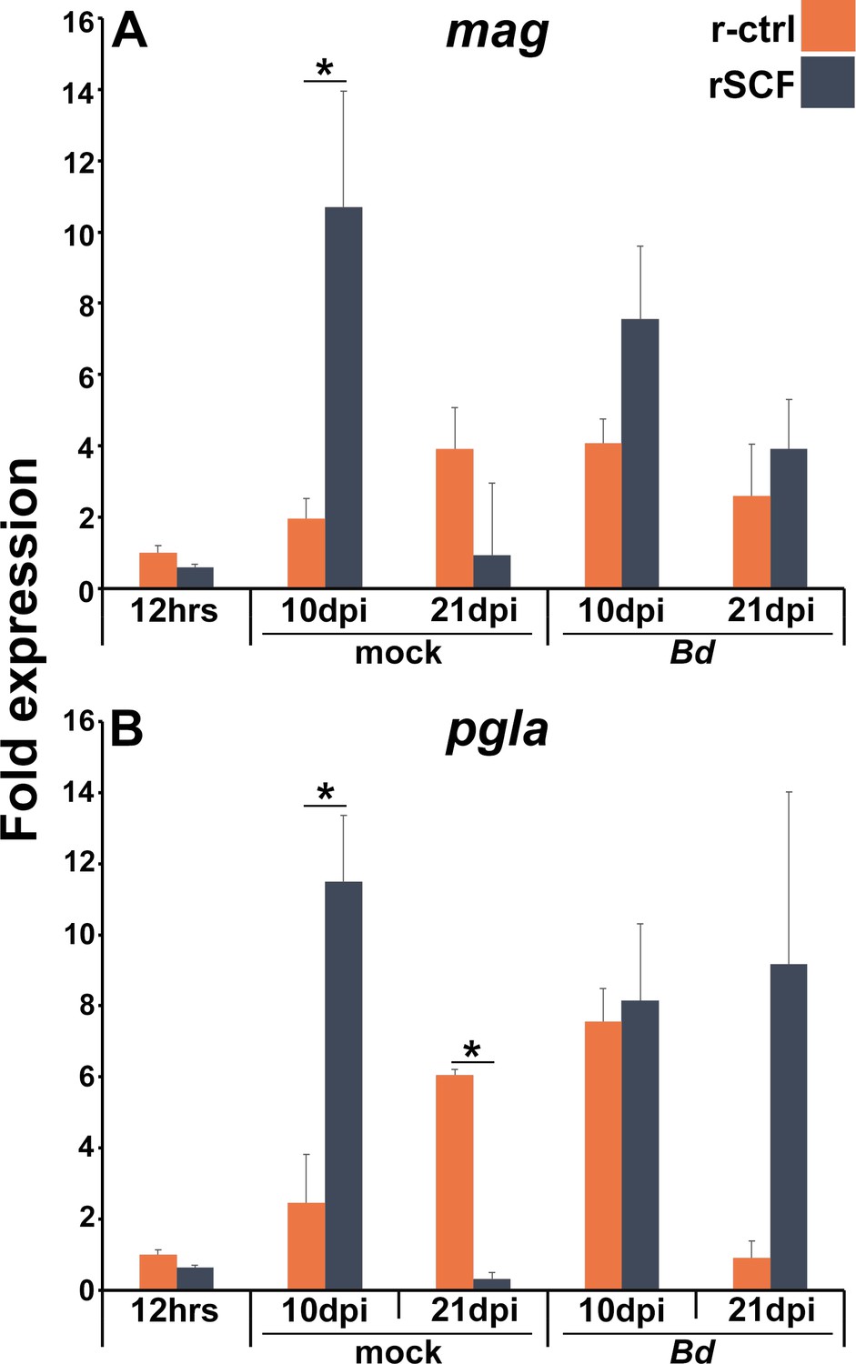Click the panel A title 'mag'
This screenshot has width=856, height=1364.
[497, 33]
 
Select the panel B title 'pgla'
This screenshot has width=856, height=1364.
[497, 731]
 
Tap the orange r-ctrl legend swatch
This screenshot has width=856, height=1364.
[827, 25]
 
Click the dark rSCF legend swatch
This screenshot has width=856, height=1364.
[827, 82]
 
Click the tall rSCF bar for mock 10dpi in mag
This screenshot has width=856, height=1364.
[343, 396]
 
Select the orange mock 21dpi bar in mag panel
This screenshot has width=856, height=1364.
[454, 517]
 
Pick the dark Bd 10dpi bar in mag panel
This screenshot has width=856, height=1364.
[639, 453]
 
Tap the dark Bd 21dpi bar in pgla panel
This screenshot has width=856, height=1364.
[788, 1126]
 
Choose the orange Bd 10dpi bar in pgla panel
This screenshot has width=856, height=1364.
[602, 1154]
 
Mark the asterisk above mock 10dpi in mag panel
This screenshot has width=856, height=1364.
[325, 69]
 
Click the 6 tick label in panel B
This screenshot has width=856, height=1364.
[86, 1077]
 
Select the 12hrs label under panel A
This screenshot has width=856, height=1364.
[174, 611]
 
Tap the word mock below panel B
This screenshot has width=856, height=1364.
[398, 1352]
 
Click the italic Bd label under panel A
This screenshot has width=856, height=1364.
[691, 653]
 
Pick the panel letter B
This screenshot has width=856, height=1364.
[126, 730]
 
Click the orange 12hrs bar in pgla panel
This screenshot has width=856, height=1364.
[157, 1271]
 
